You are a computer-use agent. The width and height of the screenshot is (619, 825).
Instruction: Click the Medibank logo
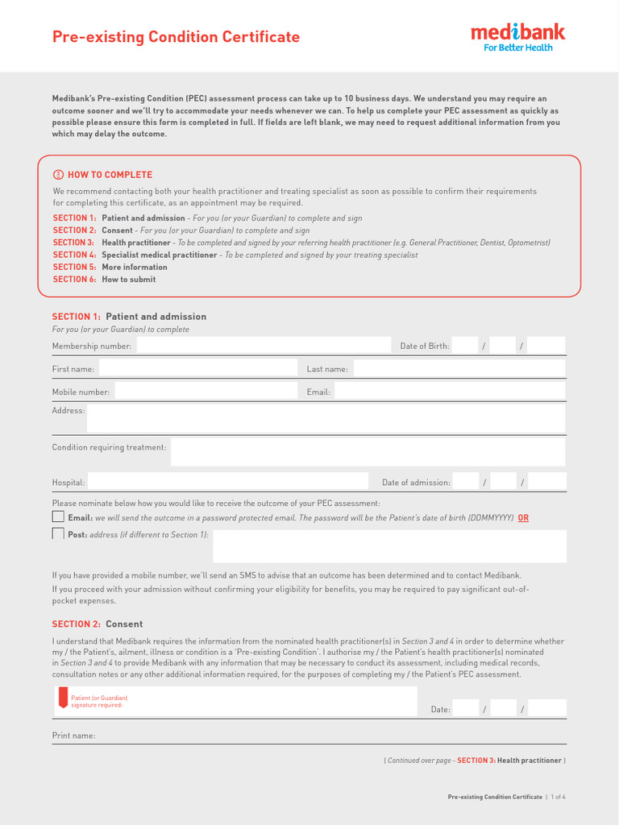517,36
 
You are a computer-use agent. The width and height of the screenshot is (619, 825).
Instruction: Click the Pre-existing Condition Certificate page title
176,37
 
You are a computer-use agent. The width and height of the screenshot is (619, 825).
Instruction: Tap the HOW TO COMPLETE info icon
58,175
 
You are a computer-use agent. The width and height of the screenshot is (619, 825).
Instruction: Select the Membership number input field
263,346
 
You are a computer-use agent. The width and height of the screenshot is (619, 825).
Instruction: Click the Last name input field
459,368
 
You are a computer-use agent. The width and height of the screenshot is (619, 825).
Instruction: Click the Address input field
326,418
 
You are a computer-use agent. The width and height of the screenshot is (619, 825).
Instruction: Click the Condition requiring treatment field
368,451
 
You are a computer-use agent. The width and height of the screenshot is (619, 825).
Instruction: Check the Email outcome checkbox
58,516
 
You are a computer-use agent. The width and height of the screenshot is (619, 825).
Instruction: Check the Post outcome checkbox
58,533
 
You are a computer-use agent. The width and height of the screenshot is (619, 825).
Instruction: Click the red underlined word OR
523,518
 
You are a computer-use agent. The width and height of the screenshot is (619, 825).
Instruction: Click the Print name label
73,736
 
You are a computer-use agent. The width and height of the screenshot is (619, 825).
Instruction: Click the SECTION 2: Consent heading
98,624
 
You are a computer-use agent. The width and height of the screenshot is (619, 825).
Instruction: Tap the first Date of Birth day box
465,346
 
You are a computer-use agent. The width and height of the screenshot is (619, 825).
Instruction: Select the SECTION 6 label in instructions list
74,280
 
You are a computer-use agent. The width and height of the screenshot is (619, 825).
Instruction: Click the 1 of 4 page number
559,797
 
